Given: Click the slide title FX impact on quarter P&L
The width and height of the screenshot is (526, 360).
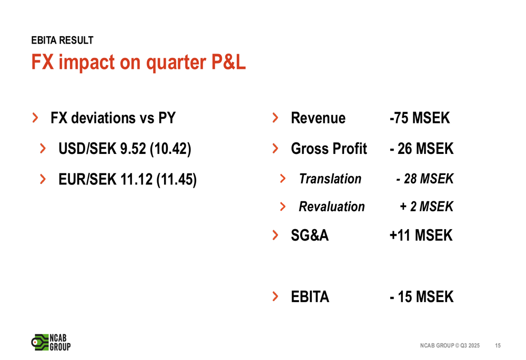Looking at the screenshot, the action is pos(138,63).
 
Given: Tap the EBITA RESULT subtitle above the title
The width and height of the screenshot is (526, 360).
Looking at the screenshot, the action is pos(63,40).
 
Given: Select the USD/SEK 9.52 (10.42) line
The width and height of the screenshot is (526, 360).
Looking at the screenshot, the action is pos(125,149).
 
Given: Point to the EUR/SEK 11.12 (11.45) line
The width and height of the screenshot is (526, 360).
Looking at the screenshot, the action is pos(127,179).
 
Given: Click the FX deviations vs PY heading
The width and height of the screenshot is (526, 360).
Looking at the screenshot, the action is pos(113,118).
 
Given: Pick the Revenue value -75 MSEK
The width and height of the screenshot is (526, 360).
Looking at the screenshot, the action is pos(420,118).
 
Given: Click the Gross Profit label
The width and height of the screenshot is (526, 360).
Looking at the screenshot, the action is pos(329,149).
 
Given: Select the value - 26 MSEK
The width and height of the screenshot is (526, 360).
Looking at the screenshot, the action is pos(422,149).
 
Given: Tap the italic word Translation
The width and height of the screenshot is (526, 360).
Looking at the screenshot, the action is pos(330,179).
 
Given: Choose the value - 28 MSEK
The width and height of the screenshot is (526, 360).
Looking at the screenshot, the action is pos(424,179).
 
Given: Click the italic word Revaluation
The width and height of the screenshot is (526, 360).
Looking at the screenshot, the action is pos(332,207).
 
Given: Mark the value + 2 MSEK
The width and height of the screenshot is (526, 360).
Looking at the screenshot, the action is pos(427,207).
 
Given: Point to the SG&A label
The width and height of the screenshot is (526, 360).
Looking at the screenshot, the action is pos(310,235).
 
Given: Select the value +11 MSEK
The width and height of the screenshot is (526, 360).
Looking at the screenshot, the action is pos(421,235).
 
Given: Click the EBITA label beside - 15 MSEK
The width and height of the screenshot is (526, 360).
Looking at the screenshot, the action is pos(310,296).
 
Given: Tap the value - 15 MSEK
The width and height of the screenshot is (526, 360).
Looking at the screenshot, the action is pos(422,296).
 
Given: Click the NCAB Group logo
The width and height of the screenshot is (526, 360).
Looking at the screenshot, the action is pos(51,343).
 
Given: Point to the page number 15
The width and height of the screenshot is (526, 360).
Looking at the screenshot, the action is pos(498,346).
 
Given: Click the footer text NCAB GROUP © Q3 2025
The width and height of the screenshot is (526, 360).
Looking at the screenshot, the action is pos(450,346).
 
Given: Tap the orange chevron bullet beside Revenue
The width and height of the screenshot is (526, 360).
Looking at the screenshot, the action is pos(276,118).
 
